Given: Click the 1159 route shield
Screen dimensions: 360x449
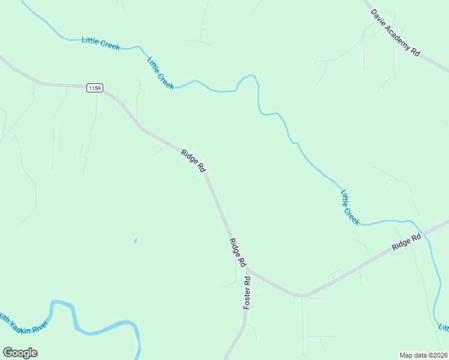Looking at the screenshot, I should tap(94, 88).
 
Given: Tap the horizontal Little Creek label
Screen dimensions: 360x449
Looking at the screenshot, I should tap(101, 43).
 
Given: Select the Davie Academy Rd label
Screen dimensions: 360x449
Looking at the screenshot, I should tap(395, 32).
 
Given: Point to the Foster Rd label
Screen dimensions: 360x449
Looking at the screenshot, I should tap(247, 293).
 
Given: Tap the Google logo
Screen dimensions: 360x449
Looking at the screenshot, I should tap(20, 353).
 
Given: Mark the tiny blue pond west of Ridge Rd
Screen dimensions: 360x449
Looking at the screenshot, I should tap(135, 241).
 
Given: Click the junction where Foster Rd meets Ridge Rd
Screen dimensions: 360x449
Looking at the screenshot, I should tap(247, 269).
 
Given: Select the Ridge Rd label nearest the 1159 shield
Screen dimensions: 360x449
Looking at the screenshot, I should tap(193, 161).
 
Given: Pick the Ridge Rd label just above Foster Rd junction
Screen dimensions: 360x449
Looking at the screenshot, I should tap(238, 253).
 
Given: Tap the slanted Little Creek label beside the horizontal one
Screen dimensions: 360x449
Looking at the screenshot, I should tap(160, 73).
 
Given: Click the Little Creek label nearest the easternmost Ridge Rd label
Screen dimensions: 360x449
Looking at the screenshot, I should tap(350, 208).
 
